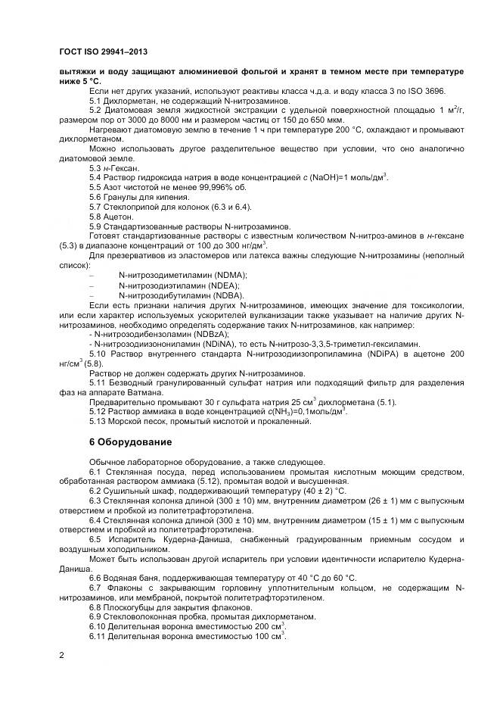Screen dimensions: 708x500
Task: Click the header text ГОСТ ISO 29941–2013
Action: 102,51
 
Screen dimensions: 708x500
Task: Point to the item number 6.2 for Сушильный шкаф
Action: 96,491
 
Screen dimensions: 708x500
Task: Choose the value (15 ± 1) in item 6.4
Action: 373,521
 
